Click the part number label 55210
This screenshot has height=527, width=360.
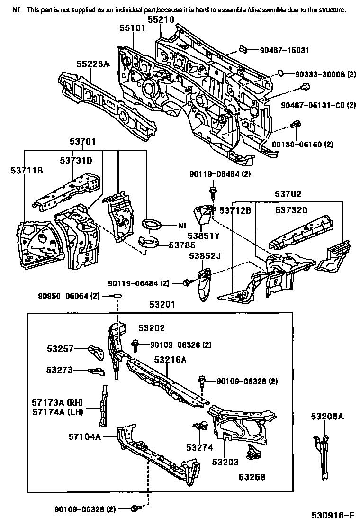(161, 20)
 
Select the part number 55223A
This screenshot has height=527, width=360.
(93, 64)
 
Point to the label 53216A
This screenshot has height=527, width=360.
(170, 360)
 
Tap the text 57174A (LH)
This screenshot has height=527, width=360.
(57, 412)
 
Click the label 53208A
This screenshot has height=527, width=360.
(327, 417)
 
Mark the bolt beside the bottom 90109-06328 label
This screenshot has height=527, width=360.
(135, 509)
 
